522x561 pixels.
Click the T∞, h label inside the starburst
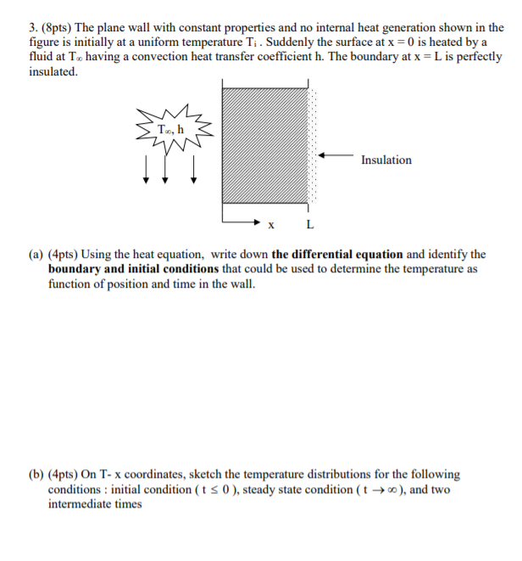point(169,128)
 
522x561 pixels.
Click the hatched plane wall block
point(264,144)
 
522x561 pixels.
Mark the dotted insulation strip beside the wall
point(313,144)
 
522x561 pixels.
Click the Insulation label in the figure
point(386,160)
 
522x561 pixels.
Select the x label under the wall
point(271,226)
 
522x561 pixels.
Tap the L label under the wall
point(309,226)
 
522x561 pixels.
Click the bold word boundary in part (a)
point(75,269)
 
